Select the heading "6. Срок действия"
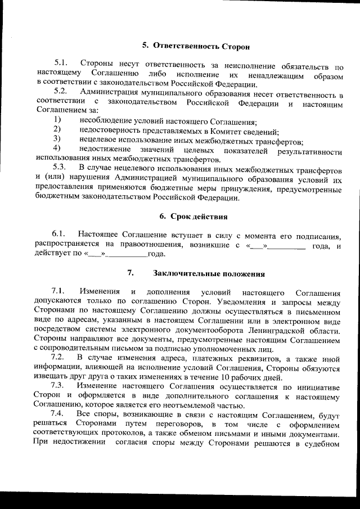point(194,217)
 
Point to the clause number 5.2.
point(61,91)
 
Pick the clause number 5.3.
point(60,167)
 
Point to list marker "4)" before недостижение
point(57,148)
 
